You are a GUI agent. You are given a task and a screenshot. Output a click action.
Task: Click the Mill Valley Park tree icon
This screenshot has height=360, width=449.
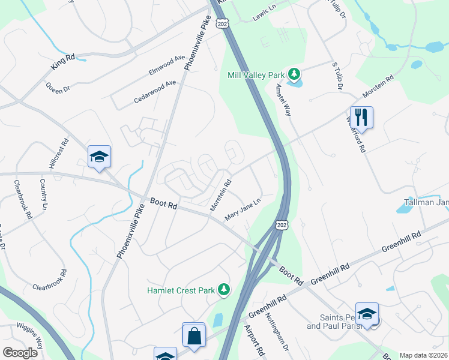294,75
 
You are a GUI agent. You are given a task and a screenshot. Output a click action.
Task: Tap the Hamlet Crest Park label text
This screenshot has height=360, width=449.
181,290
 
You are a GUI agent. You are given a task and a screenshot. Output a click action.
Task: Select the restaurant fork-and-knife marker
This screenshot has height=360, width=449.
361,116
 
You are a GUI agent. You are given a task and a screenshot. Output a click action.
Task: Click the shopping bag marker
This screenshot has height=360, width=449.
194,337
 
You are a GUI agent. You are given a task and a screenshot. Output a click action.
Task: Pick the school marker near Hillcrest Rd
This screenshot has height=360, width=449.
99,158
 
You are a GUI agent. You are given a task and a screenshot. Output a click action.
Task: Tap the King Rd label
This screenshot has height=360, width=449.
63,58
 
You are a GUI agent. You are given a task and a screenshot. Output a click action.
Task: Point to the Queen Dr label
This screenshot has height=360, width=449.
58,86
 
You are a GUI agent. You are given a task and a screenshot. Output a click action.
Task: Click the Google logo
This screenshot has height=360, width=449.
20,353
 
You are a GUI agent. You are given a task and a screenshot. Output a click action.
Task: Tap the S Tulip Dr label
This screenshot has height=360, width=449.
337,76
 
